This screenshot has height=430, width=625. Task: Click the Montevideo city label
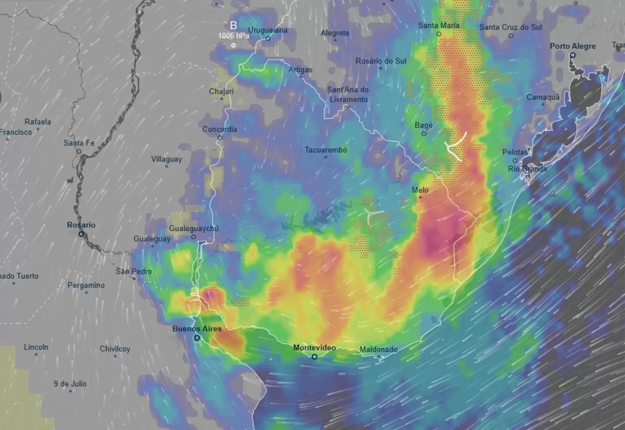(x=314, y=348)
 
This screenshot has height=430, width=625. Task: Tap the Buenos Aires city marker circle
(x=197, y=338)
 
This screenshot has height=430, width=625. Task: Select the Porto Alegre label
(x=572, y=46)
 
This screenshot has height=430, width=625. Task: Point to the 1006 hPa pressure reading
(x=234, y=36)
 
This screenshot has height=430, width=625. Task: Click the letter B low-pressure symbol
(x=234, y=26)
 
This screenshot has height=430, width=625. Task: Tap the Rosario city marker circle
(x=81, y=234)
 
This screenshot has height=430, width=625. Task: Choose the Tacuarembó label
(x=326, y=150)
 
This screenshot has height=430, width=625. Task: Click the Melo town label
(x=420, y=190)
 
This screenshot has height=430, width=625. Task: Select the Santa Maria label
(x=438, y=26)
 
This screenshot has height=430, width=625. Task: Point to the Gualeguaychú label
(x=194, y=228)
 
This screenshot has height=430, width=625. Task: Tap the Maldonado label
(x=378, y=349)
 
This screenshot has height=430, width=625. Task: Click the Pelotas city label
(x=515, y=152)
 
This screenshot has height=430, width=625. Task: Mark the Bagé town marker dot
(x=424, y=134)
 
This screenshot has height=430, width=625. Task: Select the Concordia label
(x=220, y=129)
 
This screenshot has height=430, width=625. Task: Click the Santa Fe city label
(x=79, y=143)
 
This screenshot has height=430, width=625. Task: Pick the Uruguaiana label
(x=268, y=30)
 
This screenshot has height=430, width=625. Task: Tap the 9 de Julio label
(x=70, y=384)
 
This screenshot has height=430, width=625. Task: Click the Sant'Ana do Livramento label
(x=348, y=95)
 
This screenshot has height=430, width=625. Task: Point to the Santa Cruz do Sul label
(x=510, y=27)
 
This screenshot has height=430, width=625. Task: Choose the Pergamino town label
(x=86, y=285)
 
